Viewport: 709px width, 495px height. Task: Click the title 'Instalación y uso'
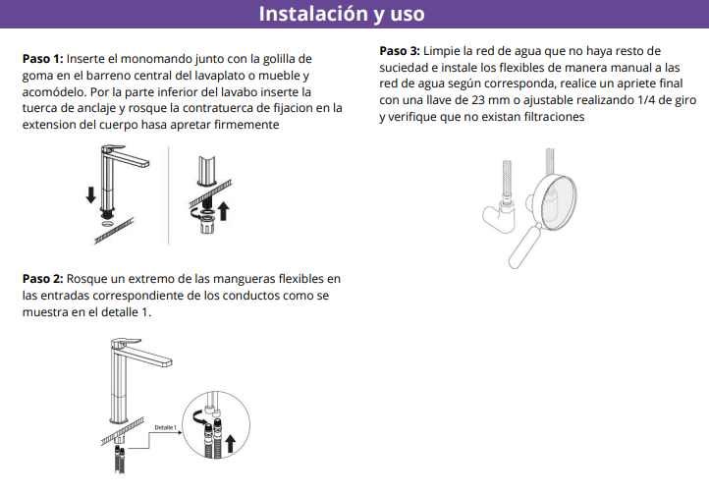(x=342, y=14)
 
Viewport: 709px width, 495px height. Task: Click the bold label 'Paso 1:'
(x=43, y=59)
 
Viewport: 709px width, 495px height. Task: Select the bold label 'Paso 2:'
(x=43, y=279)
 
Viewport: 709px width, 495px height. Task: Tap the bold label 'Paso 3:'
(x=400, y=51)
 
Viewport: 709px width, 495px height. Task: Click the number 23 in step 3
(x=477, y=100)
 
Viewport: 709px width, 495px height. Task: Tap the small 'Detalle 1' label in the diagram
(x=166, y=427)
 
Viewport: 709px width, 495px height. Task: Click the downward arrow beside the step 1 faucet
(x=91, y=194)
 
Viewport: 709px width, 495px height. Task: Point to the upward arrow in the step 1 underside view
(x=223, y=211)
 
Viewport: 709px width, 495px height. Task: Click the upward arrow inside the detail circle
(x=230, y=444)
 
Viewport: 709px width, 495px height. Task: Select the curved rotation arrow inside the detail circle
(x=197, y=416)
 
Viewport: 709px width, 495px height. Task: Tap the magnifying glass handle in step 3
(x=525, y=247)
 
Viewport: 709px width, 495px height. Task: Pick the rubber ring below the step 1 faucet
(x=108, y=223)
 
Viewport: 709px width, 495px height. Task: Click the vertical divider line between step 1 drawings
(x=169, y=195)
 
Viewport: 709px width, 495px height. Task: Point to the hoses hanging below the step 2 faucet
(x=120, y=459)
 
